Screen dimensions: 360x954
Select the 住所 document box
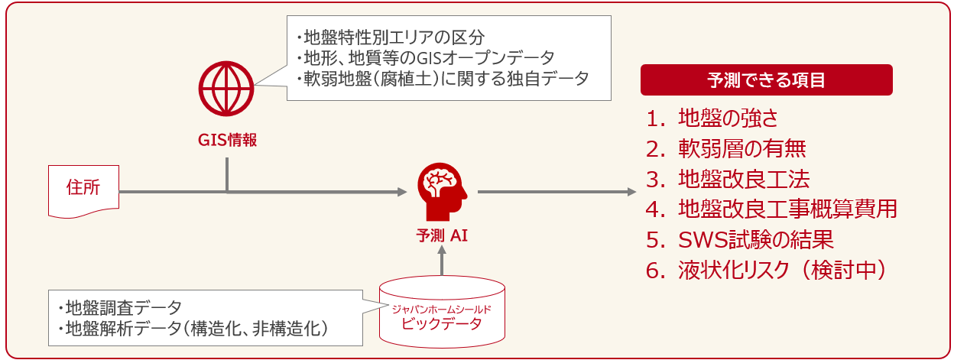click(83, 190)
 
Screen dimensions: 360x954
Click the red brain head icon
click(442, 192)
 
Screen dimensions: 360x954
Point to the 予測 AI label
click(442, 235)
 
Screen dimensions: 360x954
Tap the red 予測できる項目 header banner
click(766, 79)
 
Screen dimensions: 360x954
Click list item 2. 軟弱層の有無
click(725, 148)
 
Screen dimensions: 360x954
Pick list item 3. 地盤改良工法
click(727, 179)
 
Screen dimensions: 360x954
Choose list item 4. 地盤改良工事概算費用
click(771, 209)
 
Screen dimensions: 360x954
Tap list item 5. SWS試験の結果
click(738, 239)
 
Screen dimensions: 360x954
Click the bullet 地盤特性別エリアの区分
click(390, 37)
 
